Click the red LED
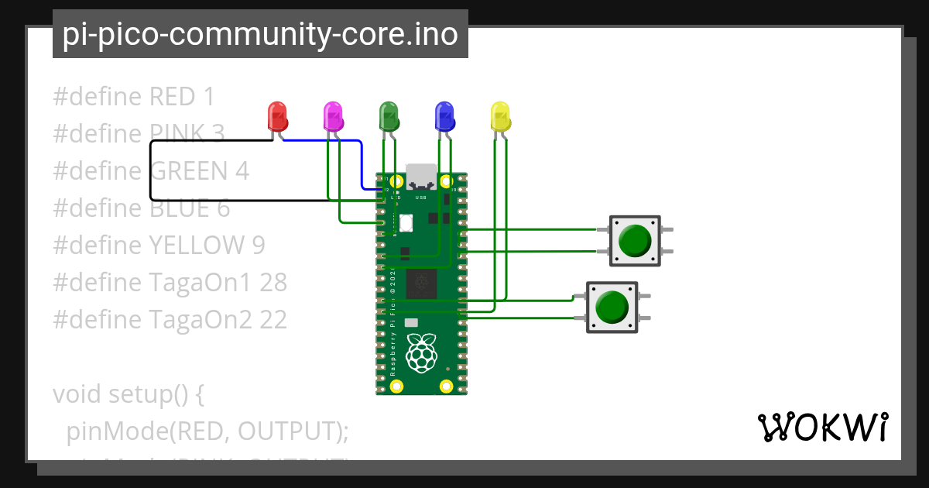tap(277, 116)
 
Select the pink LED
tap(333, 116)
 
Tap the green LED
tap(389, 116)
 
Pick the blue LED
tap(444, 116)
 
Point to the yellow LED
tap(501, 116)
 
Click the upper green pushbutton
tap(635, 241)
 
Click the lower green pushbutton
tap(612, 307)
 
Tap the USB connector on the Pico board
tap(422, 177)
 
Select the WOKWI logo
tap(822, 427)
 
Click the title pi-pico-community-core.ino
tap(260, 34)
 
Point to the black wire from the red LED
tap(151, 170)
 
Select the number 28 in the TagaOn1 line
tap(273, 283)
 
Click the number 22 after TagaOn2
tap(273, 320)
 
